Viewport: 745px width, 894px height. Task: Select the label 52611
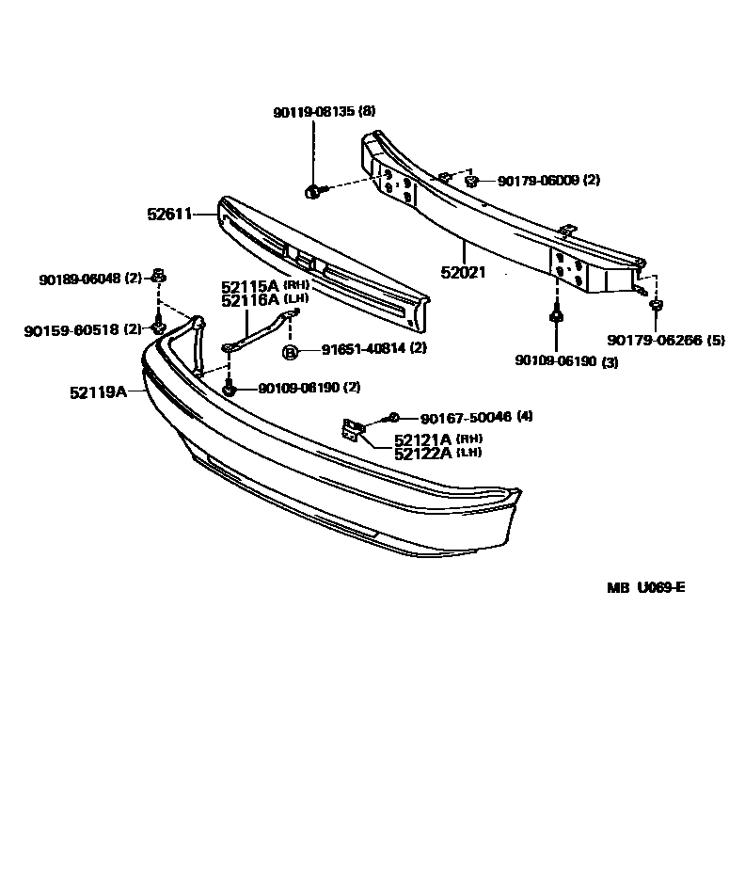pyautogui.click(x=168, y=215)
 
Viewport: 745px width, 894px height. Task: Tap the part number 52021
pyautogui.click(x=463, y=273)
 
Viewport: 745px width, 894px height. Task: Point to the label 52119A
pyautogui.click(x=98, y=391)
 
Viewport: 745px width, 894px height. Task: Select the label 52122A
pyautogui.click(x=424, y=453)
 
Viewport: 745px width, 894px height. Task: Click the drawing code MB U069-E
pyautogui.click(x=645, y=588)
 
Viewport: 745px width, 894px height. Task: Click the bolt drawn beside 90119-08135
pyautogui.click(x=313, y=192)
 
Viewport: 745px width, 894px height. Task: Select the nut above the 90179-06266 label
pyautogui.click(x=658, y=305)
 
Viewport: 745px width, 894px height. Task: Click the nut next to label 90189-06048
pyautogui.click(x=159, y=277)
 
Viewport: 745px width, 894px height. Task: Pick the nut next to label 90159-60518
pyautogui.click(x=159, y=327)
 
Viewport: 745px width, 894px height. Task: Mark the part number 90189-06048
pyautogui.click(x=81, y=279)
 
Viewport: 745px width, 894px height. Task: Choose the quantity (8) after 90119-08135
pyautogui.click(x=367, y=111)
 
